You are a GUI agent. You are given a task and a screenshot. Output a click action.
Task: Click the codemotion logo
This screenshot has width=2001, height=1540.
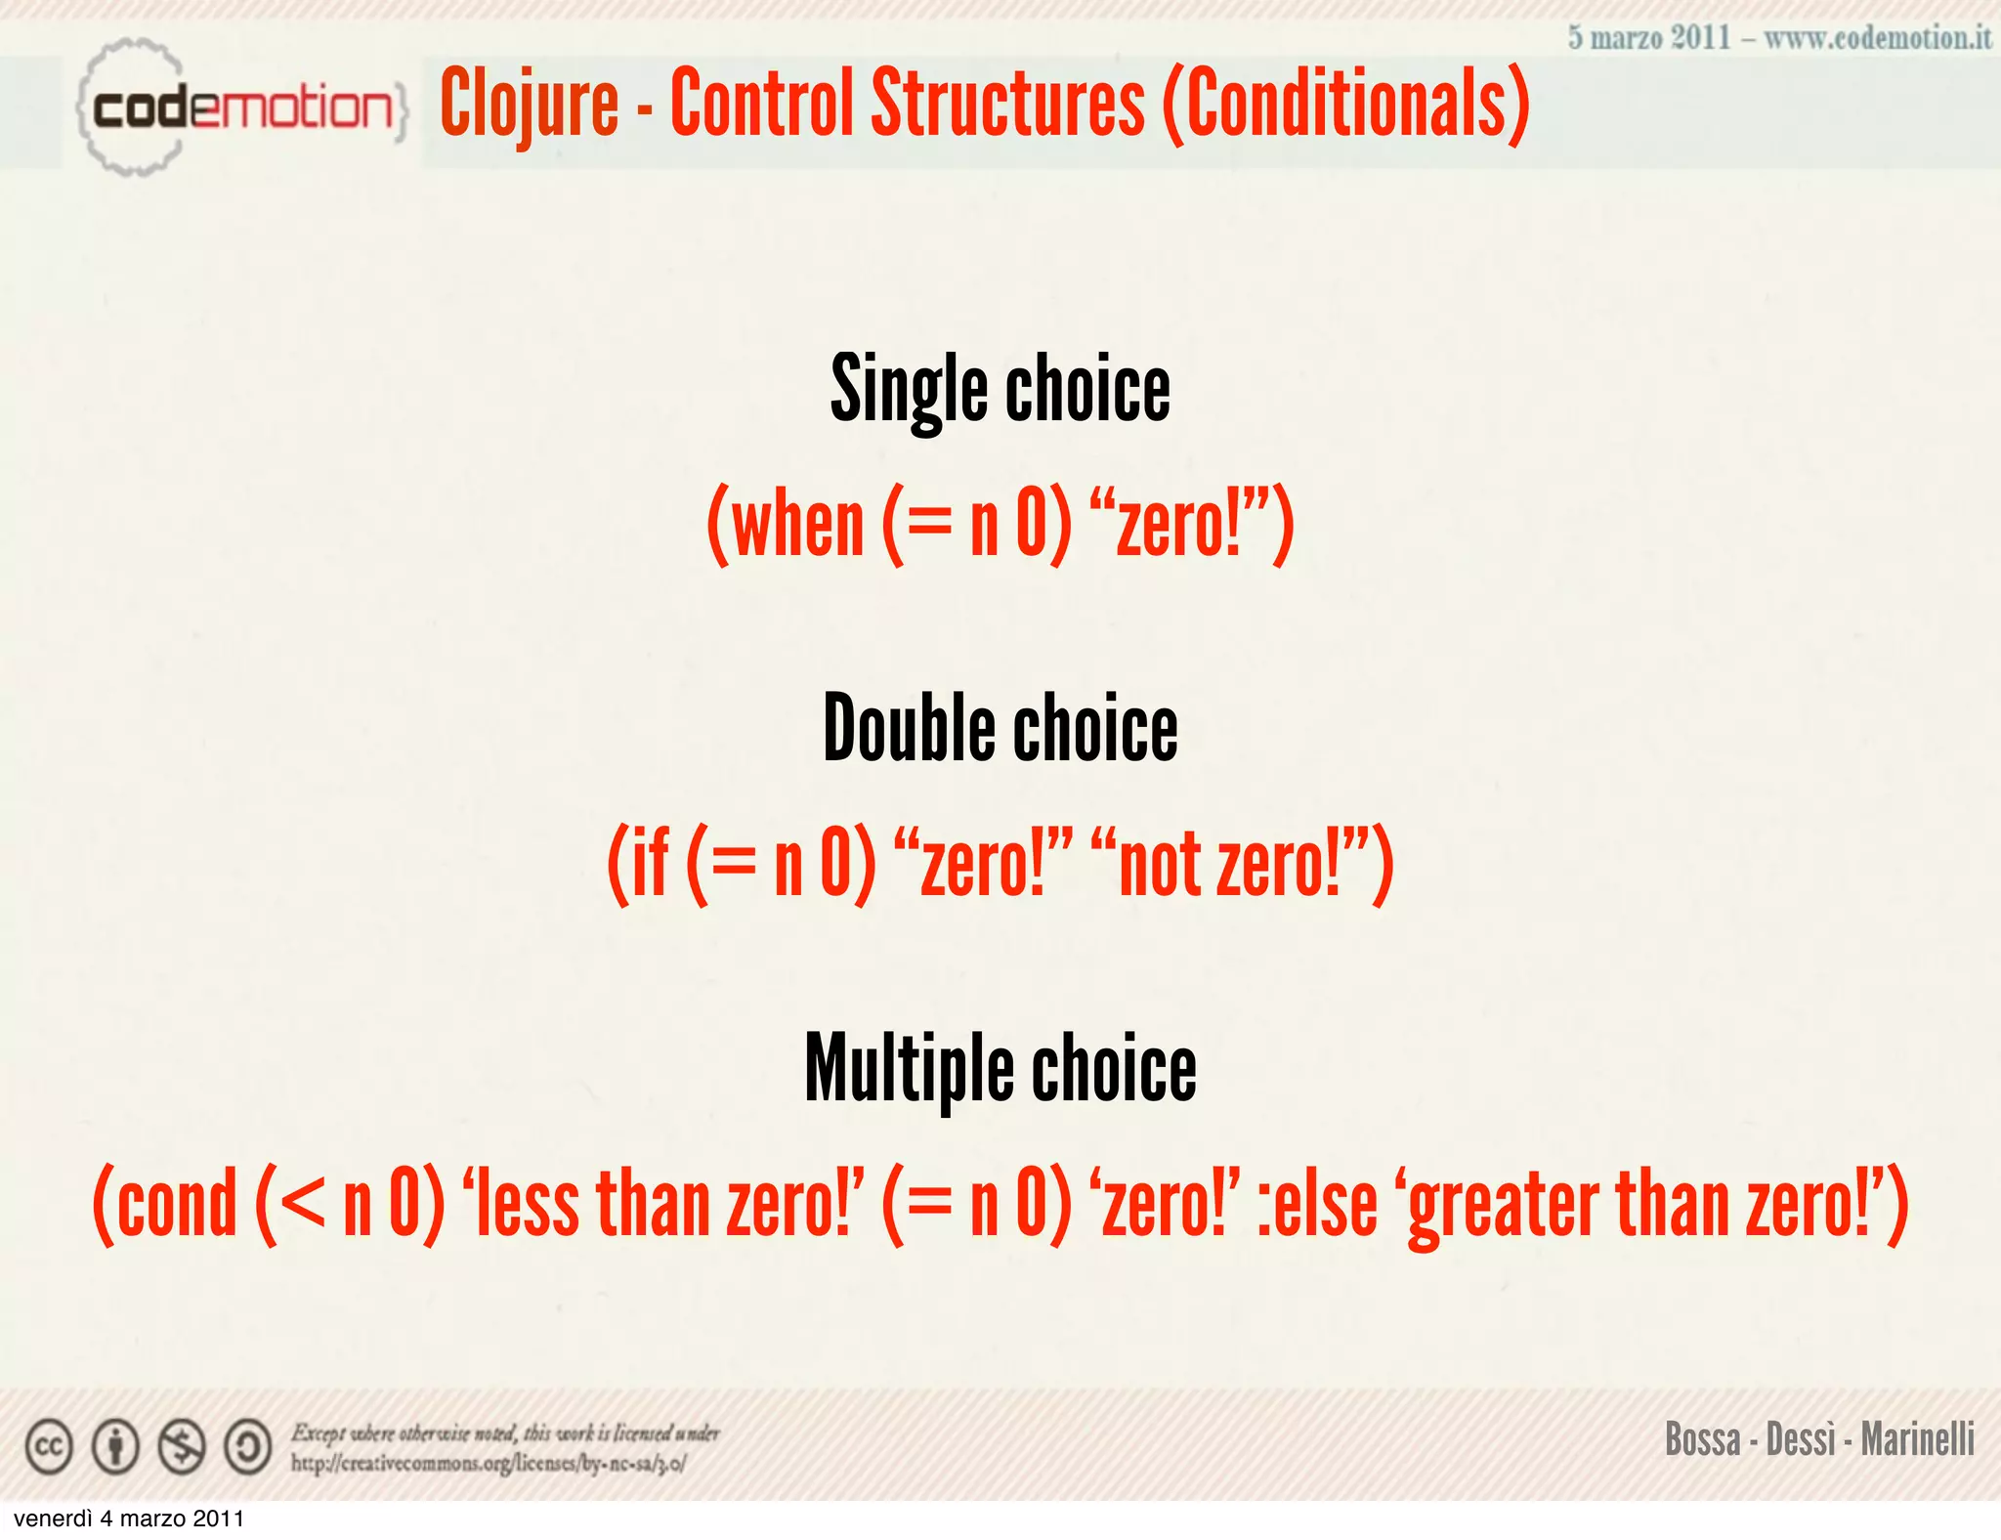(239, 107)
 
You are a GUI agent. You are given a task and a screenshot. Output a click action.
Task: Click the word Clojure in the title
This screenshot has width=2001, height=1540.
(530, 104)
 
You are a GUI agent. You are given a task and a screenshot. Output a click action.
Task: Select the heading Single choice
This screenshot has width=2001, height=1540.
(1000, 389)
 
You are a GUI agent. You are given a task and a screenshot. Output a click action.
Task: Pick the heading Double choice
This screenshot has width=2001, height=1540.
(1000, 728)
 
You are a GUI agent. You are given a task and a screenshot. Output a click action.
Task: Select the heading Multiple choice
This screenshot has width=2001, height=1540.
(1000, 1068)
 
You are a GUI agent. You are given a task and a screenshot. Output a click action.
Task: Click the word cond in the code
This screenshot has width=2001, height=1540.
(177, 1203)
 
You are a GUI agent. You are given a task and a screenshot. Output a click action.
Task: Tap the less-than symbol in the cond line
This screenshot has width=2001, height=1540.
(304, 1205)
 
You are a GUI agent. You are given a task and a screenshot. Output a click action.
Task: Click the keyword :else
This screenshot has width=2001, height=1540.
(1317, 1203)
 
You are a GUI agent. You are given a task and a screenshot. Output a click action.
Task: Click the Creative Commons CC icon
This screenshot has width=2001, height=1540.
(49, 1447)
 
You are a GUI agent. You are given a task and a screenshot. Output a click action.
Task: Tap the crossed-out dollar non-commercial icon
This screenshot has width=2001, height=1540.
(182, 1447)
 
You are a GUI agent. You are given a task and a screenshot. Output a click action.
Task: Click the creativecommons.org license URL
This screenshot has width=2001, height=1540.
(488, 1464)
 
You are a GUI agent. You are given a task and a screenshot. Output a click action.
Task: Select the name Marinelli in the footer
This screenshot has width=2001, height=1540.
(1917, 1439)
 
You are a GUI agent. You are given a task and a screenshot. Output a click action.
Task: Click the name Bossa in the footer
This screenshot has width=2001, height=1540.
(1702, 1439)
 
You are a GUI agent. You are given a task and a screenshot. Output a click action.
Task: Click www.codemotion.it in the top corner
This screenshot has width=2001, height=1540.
(1877, 38)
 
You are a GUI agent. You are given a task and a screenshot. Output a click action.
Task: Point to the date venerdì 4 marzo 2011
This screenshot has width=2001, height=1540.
(129, 1519)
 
